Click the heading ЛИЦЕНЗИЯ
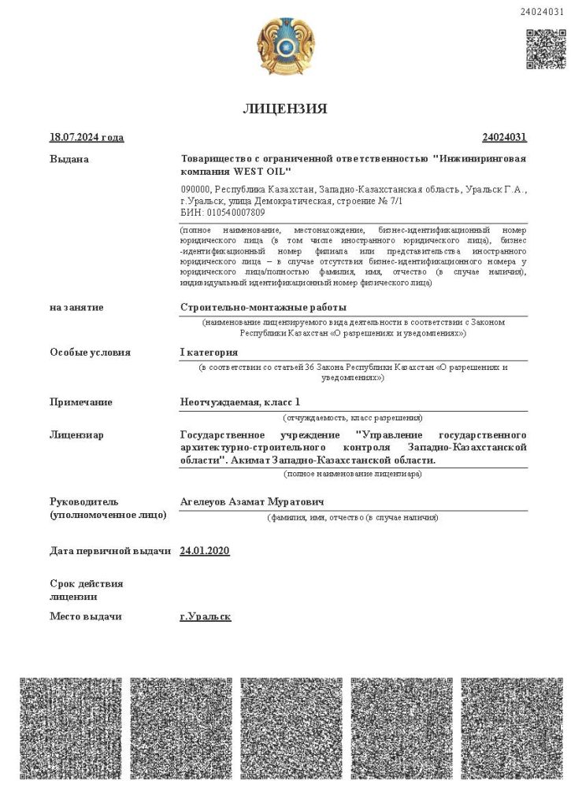285,109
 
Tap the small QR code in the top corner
545,49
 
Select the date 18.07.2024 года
87,138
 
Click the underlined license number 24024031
504,138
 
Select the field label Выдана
69,160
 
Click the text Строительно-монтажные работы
263,308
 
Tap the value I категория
209,353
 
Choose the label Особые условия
90,353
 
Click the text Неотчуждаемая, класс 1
240,403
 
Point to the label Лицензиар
76,434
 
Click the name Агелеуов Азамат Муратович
252,502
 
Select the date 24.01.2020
205,551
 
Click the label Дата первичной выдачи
110,551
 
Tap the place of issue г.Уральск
205,616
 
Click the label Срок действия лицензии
87,590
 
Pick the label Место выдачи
86,616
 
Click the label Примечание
81,403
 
